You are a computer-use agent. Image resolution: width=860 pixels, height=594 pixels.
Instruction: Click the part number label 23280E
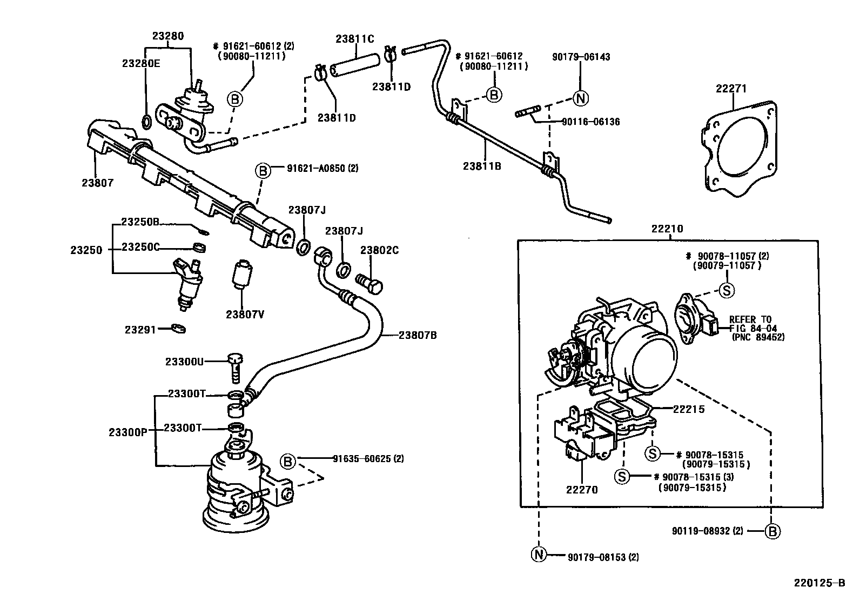tap(140, 63)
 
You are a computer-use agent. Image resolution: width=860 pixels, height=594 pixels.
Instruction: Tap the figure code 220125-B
tap(818, 583)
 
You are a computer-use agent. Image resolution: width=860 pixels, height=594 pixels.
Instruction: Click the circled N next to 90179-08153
tap(539, 555)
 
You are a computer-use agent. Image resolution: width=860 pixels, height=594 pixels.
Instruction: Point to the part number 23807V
tap(245, 314)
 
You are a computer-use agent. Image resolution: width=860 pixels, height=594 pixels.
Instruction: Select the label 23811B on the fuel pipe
tap(482, 166)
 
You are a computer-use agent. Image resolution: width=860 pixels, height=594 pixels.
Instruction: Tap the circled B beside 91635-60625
tap(287, 461)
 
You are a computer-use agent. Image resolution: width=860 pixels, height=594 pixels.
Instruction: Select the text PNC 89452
tap(758, 337)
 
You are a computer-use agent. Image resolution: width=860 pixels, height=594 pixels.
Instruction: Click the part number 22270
tap(582, 490)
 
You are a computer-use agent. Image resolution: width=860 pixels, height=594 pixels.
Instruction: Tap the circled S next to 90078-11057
tap(727, 290)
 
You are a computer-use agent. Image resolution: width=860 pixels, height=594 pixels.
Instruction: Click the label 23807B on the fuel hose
tap(418, 335)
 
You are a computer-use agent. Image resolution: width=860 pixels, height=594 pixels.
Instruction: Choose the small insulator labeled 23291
tap(178, 329)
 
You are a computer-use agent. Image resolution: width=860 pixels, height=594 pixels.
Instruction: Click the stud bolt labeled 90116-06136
tap(527, 114)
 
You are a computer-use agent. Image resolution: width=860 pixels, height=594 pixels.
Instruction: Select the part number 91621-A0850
tap(316, 169)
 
